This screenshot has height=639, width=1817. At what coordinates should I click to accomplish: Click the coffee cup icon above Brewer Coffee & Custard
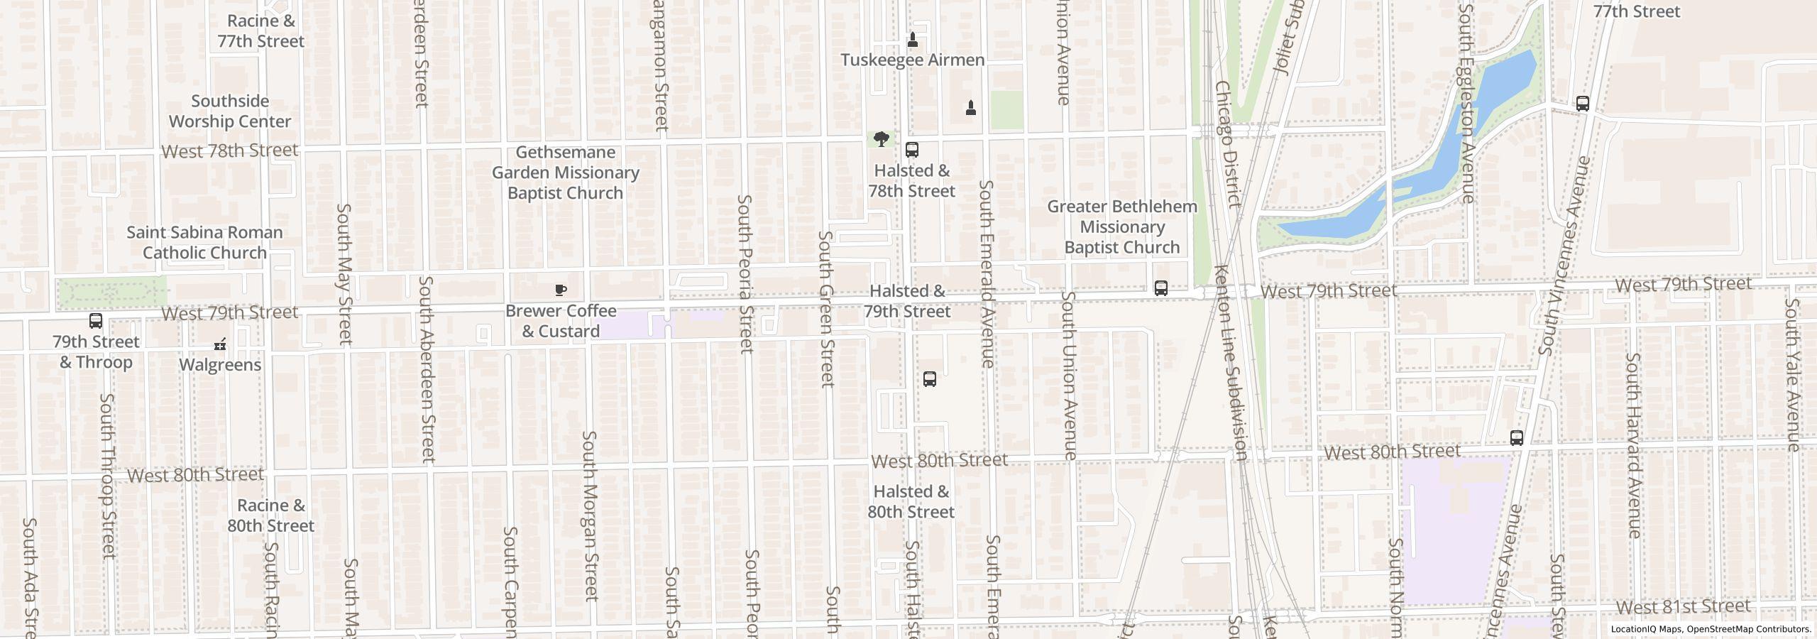[561, 290]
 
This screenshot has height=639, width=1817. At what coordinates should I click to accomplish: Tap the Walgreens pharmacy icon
[220, 345]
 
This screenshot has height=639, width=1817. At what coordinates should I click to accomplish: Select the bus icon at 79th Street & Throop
[96, 321]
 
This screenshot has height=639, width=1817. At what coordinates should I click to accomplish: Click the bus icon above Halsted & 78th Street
[912, 150]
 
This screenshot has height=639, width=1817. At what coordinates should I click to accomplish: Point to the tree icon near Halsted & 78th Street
[881, 138]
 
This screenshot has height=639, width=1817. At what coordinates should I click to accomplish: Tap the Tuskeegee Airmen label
[912, 60]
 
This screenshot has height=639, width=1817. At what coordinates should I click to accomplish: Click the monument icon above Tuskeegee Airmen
[913, 40]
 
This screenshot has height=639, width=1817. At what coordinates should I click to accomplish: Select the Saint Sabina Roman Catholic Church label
[204, 243]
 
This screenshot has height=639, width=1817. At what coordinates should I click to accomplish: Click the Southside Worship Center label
[230, 111]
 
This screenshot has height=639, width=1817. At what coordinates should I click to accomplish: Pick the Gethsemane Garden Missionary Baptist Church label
[566, 173]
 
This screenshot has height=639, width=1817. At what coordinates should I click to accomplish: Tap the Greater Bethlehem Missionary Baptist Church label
[1121, 227]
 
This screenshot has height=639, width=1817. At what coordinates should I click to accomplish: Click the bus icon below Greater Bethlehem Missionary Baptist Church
[1161, 288]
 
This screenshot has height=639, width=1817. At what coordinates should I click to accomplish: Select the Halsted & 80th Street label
[911, 502]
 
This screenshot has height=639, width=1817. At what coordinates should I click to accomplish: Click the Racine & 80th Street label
[270, 516]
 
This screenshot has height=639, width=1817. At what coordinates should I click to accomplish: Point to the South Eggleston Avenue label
[1467, 103]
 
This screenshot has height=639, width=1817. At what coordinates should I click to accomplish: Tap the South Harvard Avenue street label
[1633, 445]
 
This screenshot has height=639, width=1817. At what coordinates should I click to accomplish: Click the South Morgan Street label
[590, 516]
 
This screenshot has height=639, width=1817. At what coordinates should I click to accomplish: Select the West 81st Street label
[1684, 607]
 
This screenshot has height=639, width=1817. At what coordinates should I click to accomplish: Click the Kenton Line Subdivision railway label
[1231, 362]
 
